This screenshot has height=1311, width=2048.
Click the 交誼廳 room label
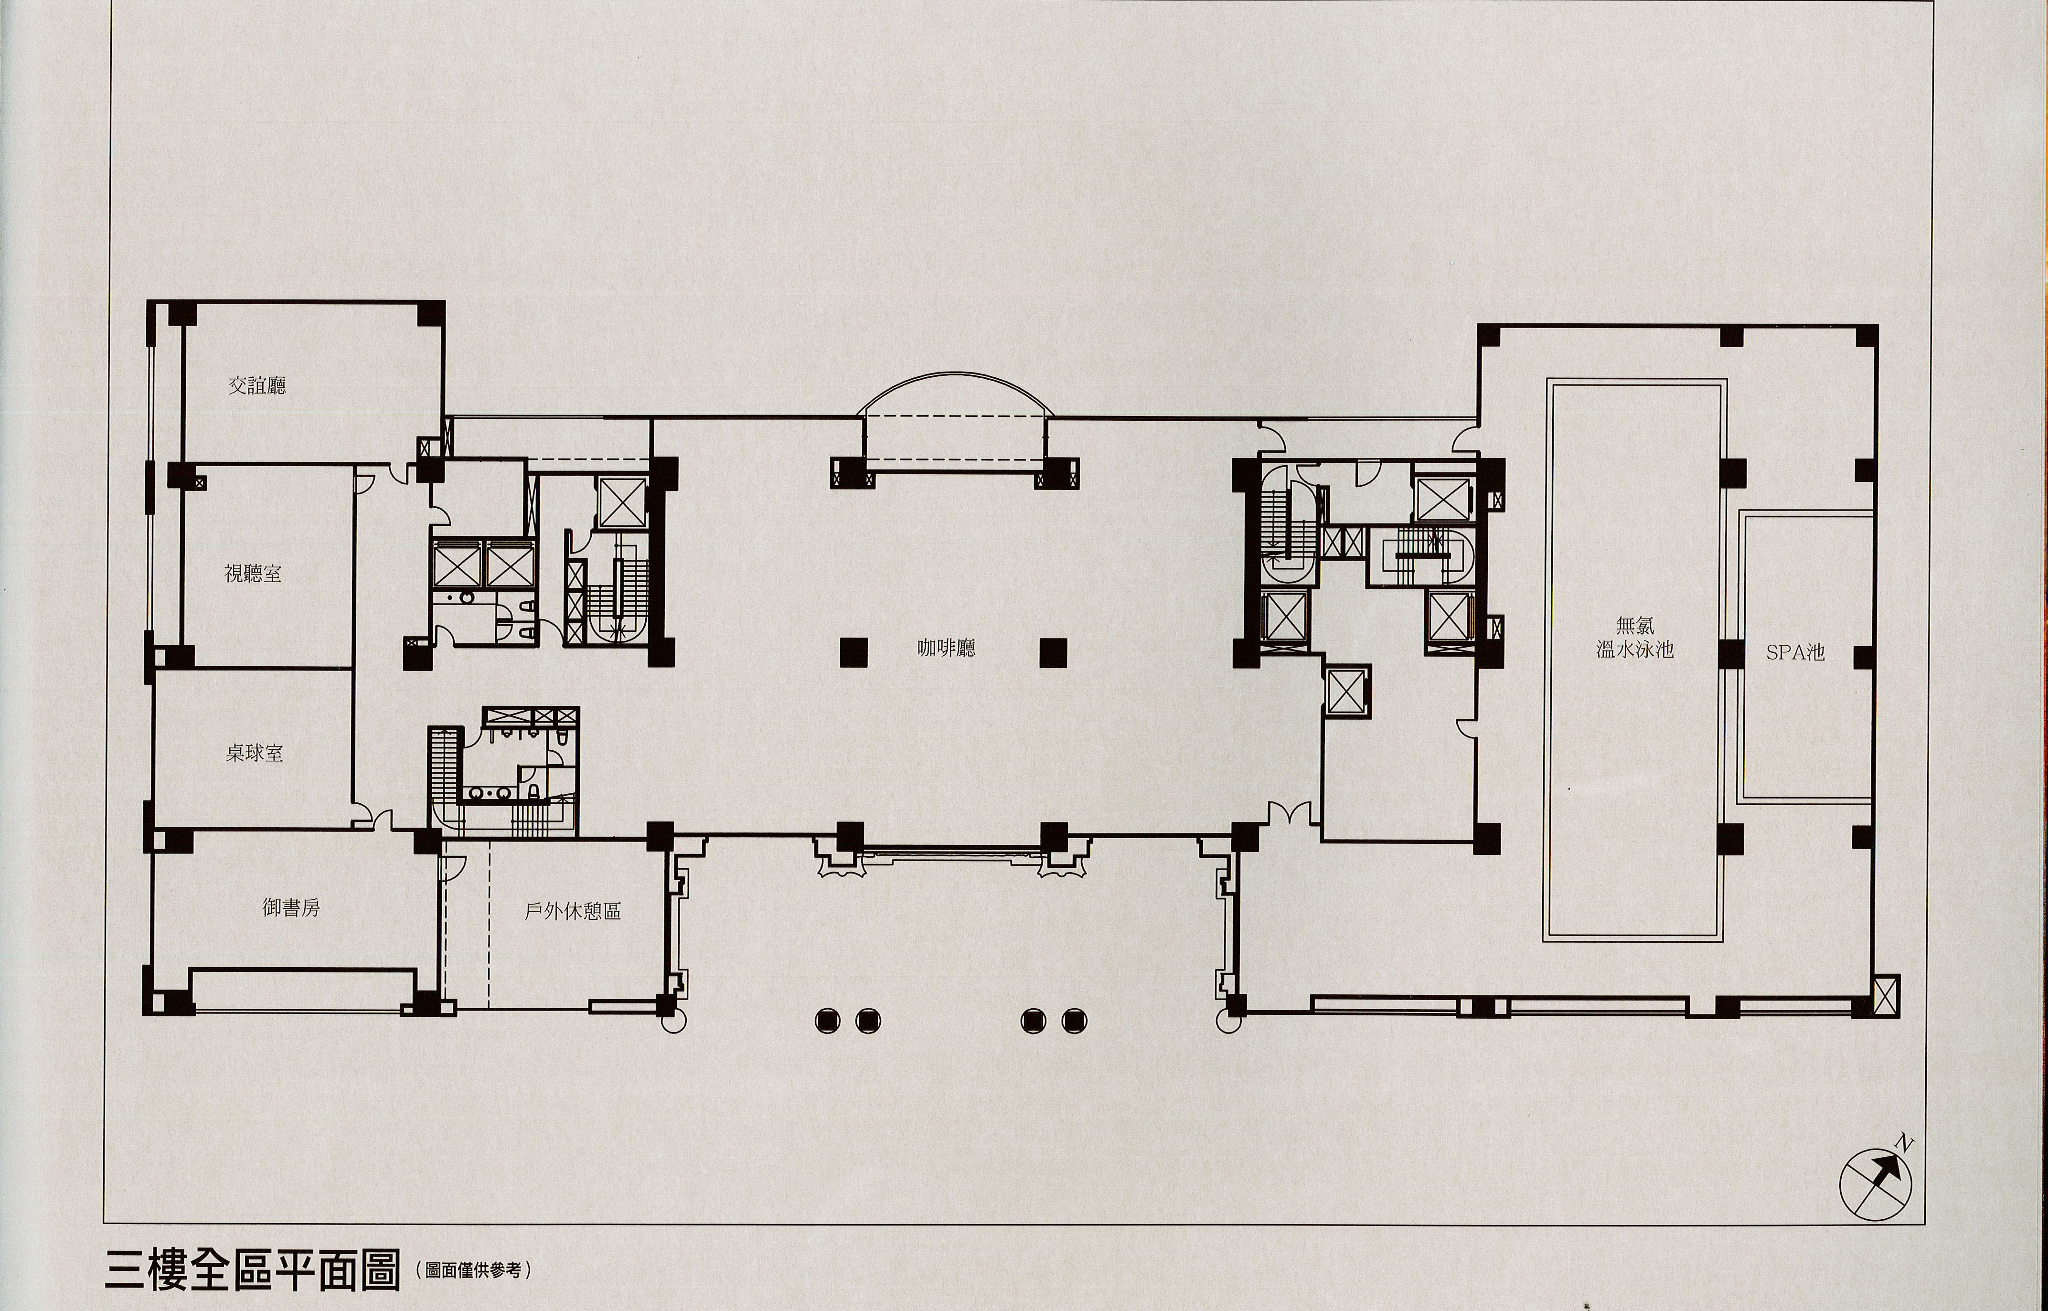click(x=257, y=385)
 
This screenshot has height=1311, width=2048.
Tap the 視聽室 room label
click(x=253, y=574)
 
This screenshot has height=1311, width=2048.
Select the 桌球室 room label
click(x=255, y=753)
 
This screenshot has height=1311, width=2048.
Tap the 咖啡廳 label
click(x=947, y=648)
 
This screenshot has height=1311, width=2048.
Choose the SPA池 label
click(x=1795, y=652)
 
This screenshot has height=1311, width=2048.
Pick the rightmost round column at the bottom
click(x=1073, y=1019)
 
